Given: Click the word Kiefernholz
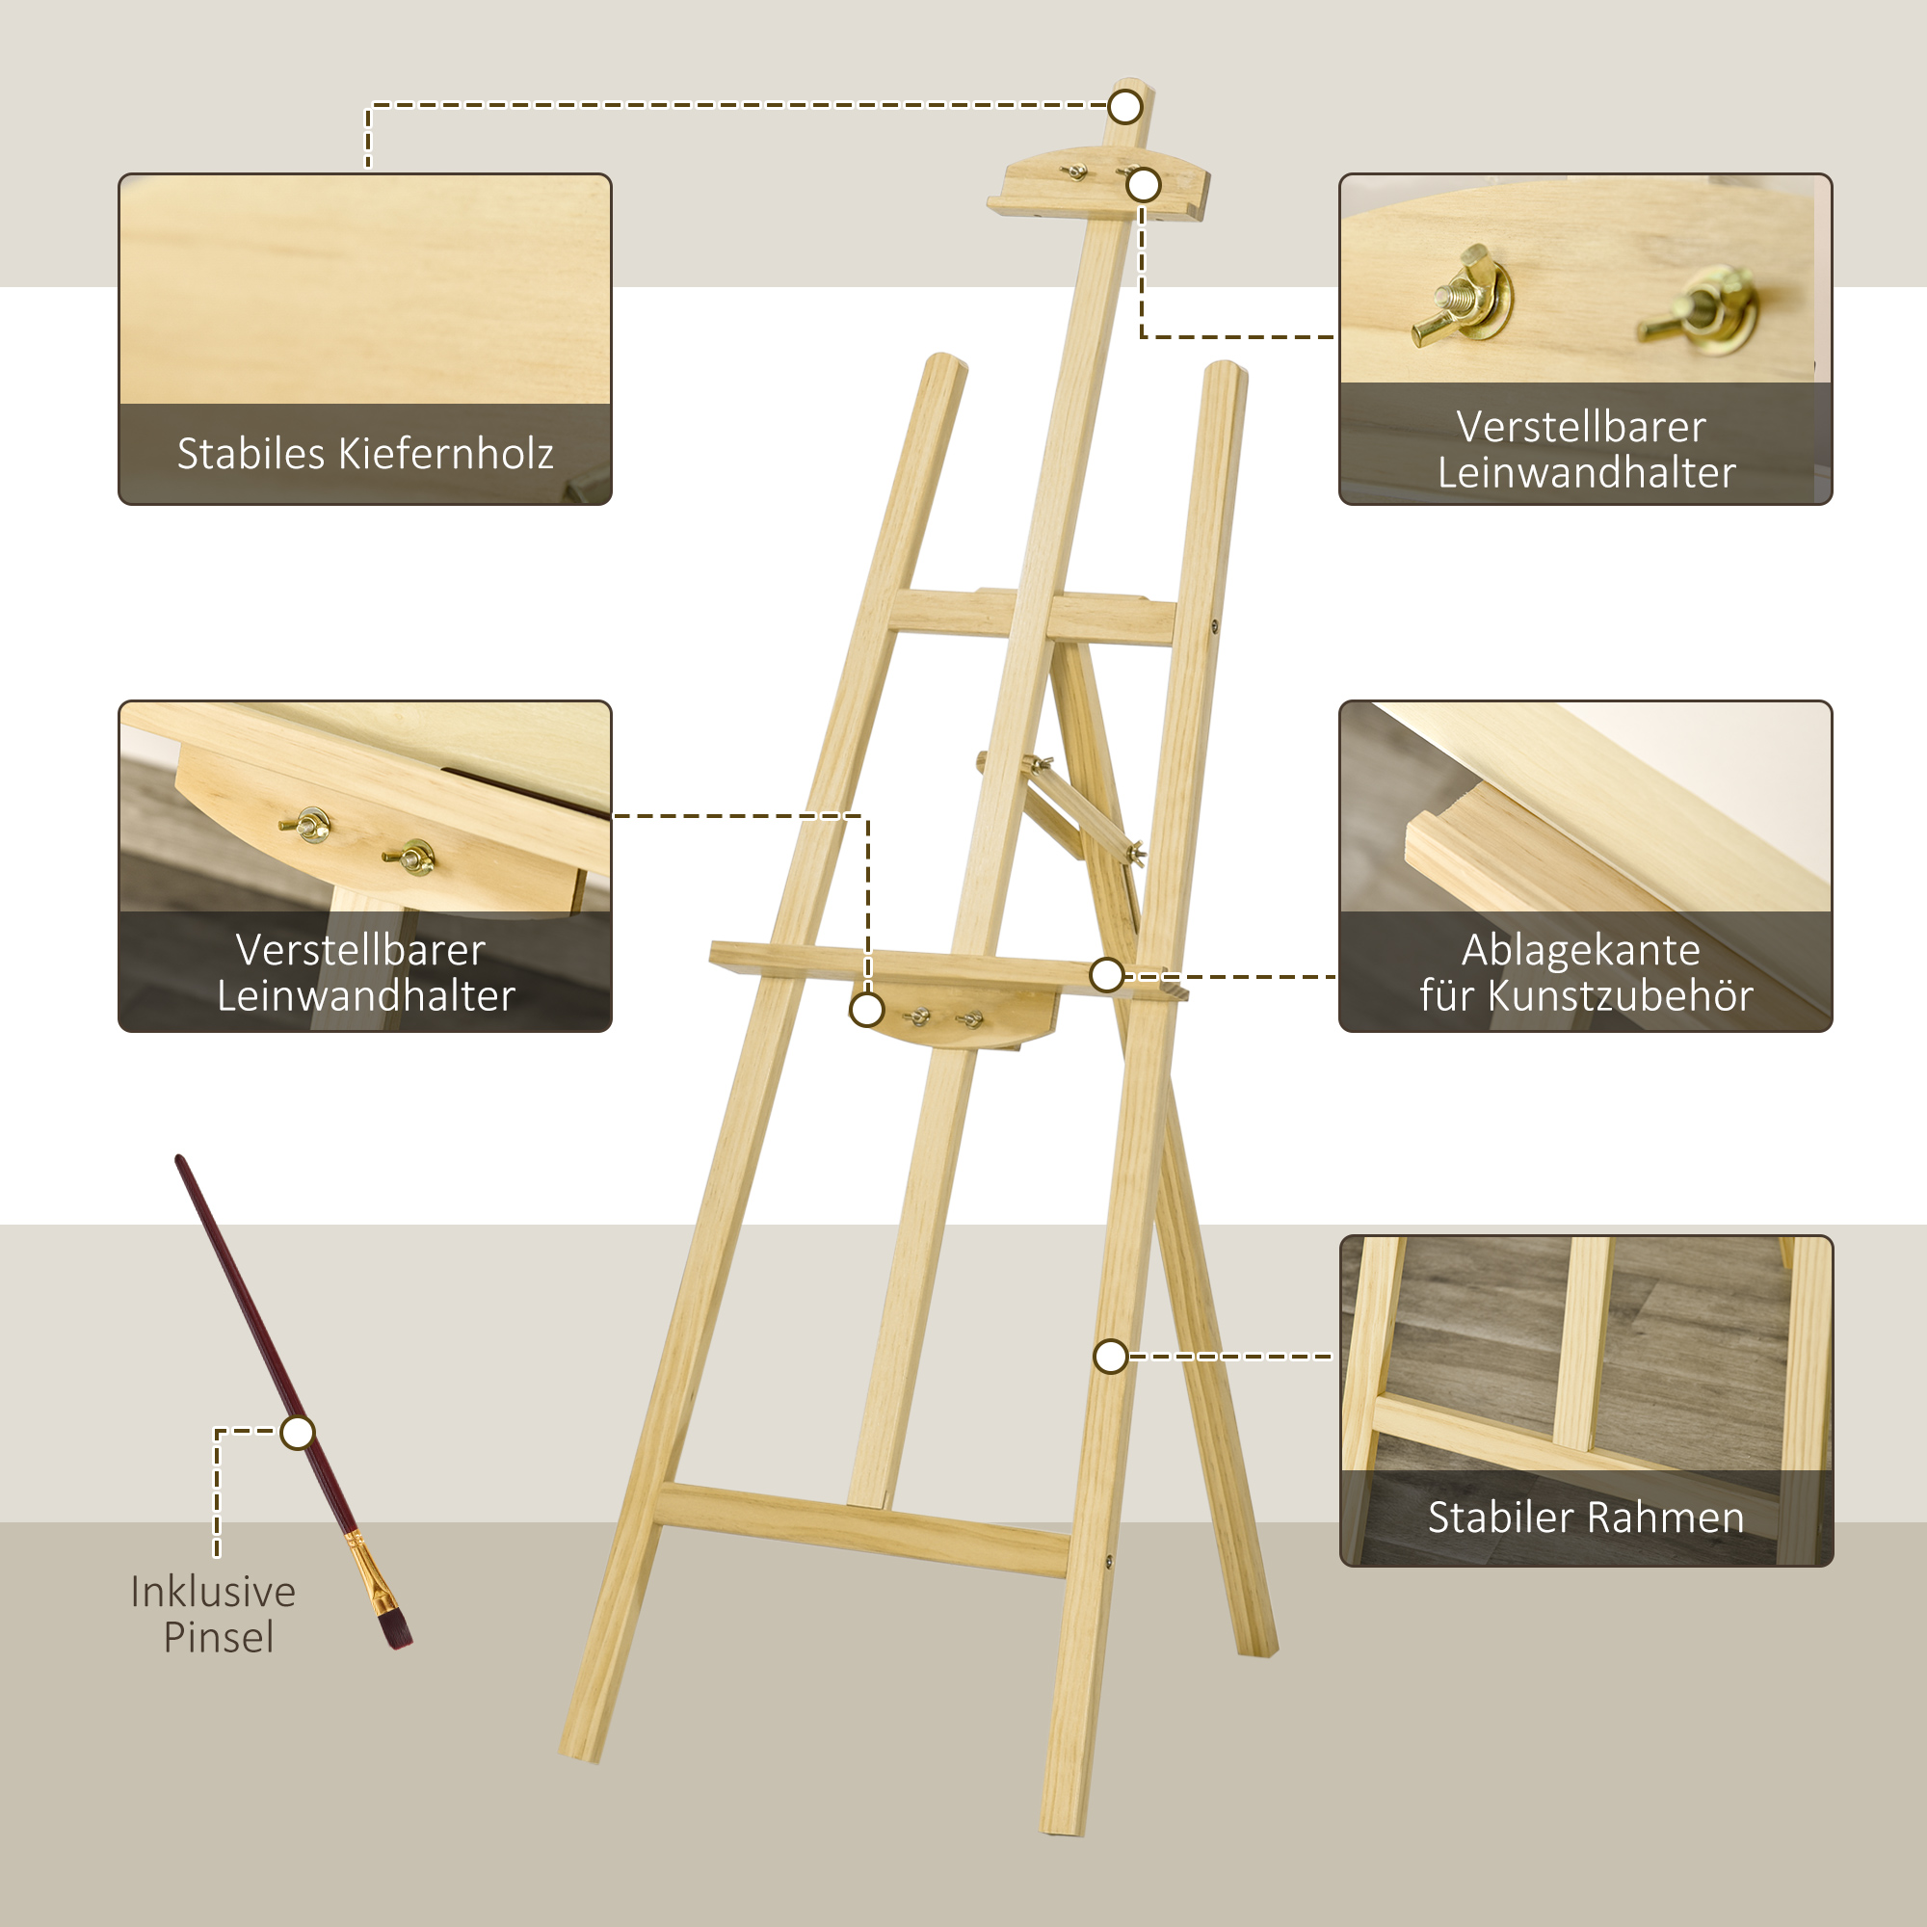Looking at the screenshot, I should coord(446,455).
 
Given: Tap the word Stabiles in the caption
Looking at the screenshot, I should coord(251,455).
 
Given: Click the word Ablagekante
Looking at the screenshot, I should coord(1581,951).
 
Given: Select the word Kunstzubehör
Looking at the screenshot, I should coord(1620,996).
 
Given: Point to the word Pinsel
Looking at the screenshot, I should coord(219,1638).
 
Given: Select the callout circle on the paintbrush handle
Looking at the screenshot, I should coord(297,1434).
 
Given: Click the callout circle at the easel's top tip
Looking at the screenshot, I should coord(1125,107).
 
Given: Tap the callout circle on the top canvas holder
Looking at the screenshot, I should coord(1143,186).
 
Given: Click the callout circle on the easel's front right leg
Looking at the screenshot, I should coord(1110,1357).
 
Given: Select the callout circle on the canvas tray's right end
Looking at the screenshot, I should coord(1107,975).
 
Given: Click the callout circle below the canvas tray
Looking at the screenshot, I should coord(867,1010).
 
